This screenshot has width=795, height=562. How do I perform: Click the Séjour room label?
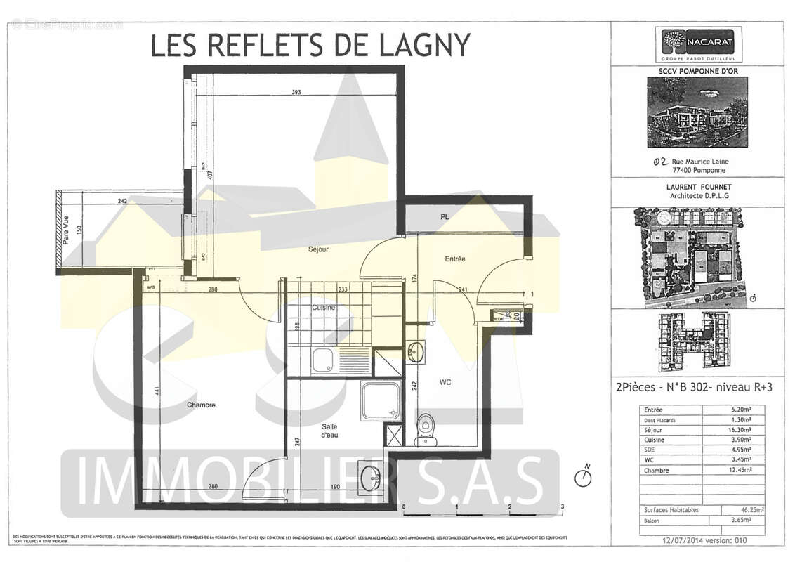[x=318, y=249]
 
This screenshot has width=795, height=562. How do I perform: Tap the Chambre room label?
[x=201, y=405]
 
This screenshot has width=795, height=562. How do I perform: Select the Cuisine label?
[x=323, y=308]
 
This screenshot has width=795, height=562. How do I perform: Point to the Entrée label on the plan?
[x=455, y=259]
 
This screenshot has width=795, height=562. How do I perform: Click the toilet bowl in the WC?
[x=426, y=427]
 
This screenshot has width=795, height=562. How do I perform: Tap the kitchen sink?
[x=324, y=360]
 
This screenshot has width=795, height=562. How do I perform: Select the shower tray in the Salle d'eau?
[x=381, y=401]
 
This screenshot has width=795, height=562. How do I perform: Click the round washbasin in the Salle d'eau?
[x=370, y=479]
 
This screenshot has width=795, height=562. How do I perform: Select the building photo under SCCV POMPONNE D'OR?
[x=697, y=112]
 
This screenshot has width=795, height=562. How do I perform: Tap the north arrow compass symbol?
[x=583, y=477]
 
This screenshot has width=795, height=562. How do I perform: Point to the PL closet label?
[x=444, y=217]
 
